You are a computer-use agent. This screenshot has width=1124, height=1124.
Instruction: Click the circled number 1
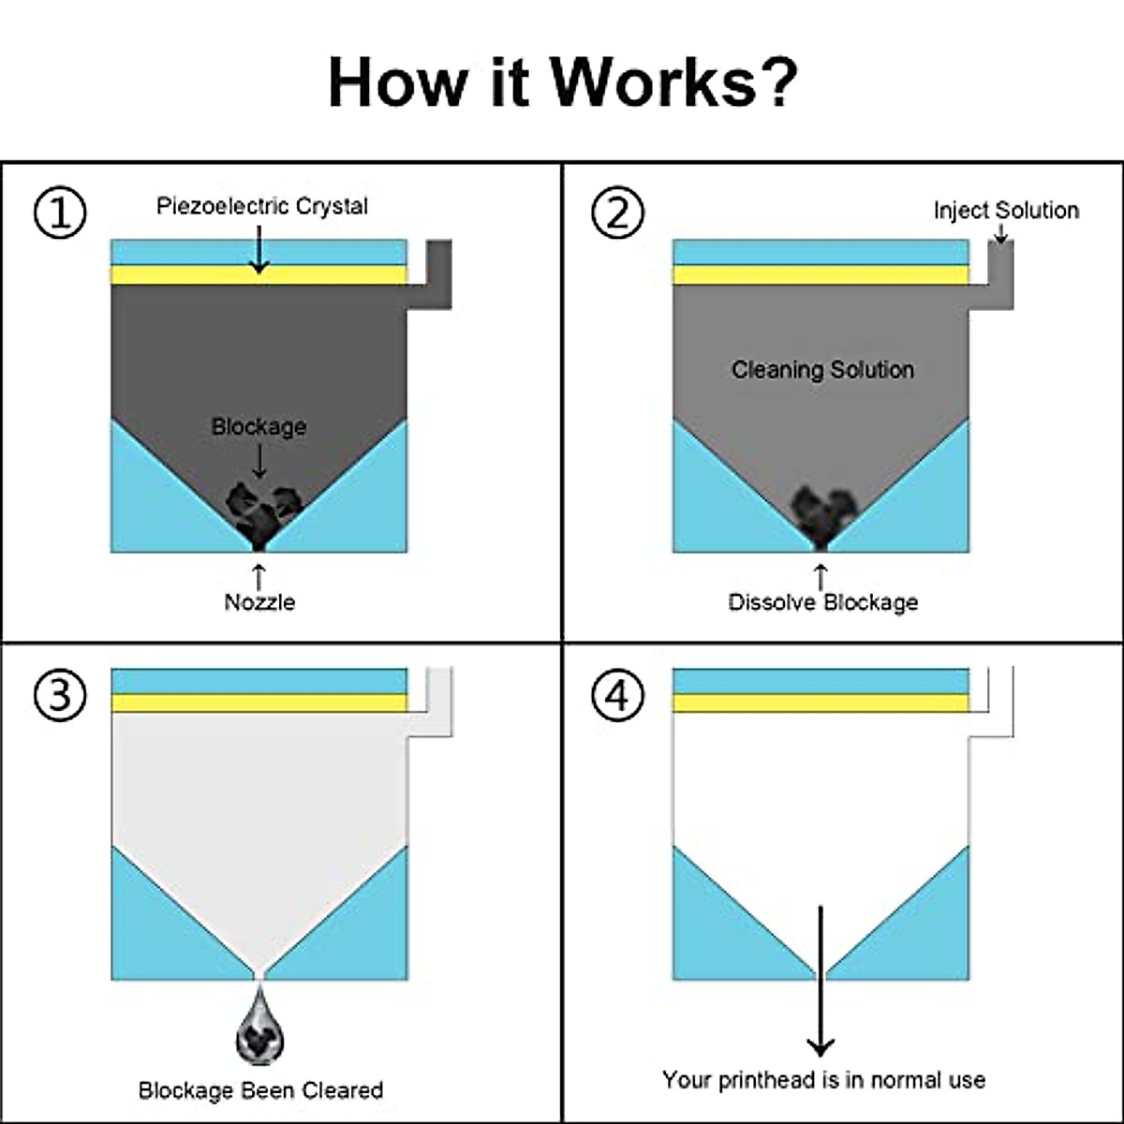pyautogui.click(x=60, y=212)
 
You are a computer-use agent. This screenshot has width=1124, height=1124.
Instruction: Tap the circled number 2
pyautogui.click(x=617, y=212)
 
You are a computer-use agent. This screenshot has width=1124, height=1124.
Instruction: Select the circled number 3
pyautogui.click(x=60, y=695)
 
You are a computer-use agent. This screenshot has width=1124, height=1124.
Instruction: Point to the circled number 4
pyautogui.click(x=617, y=695)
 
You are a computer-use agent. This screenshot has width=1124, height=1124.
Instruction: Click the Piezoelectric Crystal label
pyautogui.click(x=262, y=206)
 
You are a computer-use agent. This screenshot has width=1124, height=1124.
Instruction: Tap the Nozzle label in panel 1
pyautogui.click(x=259, y=602)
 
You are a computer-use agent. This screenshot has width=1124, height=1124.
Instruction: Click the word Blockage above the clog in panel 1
pyautogui.click(x=259, y=426)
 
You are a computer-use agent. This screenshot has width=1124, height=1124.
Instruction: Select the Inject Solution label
pyautogui.click(x=1006, y=211)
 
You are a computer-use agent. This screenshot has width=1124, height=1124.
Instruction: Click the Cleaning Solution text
pyautogui.click(x=822, y=370)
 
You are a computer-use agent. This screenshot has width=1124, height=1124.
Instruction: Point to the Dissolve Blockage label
pyautogui.click(x=823, y=602)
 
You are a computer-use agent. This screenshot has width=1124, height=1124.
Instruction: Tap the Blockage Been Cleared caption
pyautogui.click(x=260, y=1090)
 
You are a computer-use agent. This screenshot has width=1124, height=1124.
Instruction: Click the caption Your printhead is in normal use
pyautogui.click(x=823, y=1080)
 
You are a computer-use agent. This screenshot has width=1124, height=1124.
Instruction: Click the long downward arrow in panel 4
pyautogui.click(x=821, y=981)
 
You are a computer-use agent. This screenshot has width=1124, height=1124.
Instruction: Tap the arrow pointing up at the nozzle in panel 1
pyautogui.click(x=259, y=577)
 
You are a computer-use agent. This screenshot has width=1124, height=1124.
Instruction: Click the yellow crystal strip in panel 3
pyautogui.click(x=259, y=702)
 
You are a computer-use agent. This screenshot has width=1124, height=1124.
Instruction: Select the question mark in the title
pyautogui.click(x=776, y=82)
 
